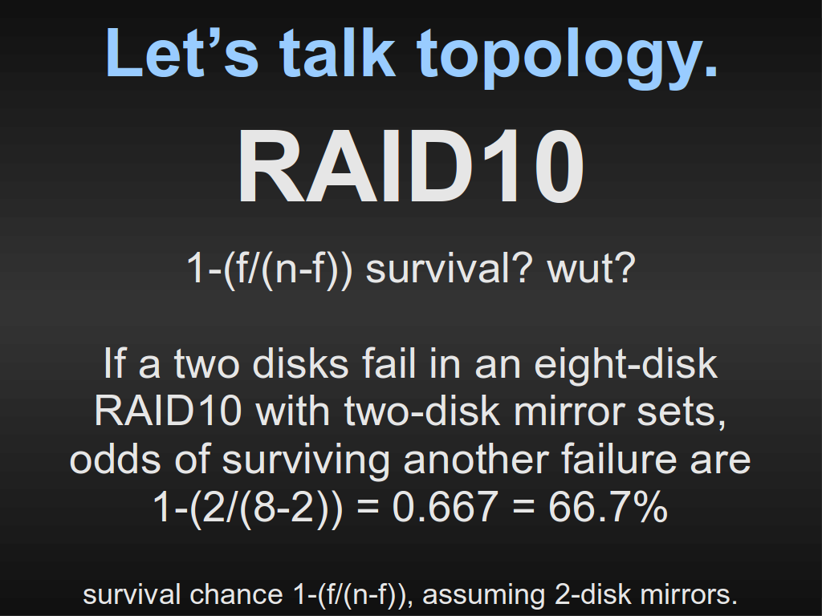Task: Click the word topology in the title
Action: [568, 57]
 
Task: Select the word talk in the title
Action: [337, 52]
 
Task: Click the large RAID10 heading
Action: [410, 166]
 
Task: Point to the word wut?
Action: [592, 268]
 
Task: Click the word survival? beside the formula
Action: [449, 268]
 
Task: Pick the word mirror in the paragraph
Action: [568, 411]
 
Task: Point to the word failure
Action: [619, 459]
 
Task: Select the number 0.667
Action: [445, 507]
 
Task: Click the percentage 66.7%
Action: [608, 507]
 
